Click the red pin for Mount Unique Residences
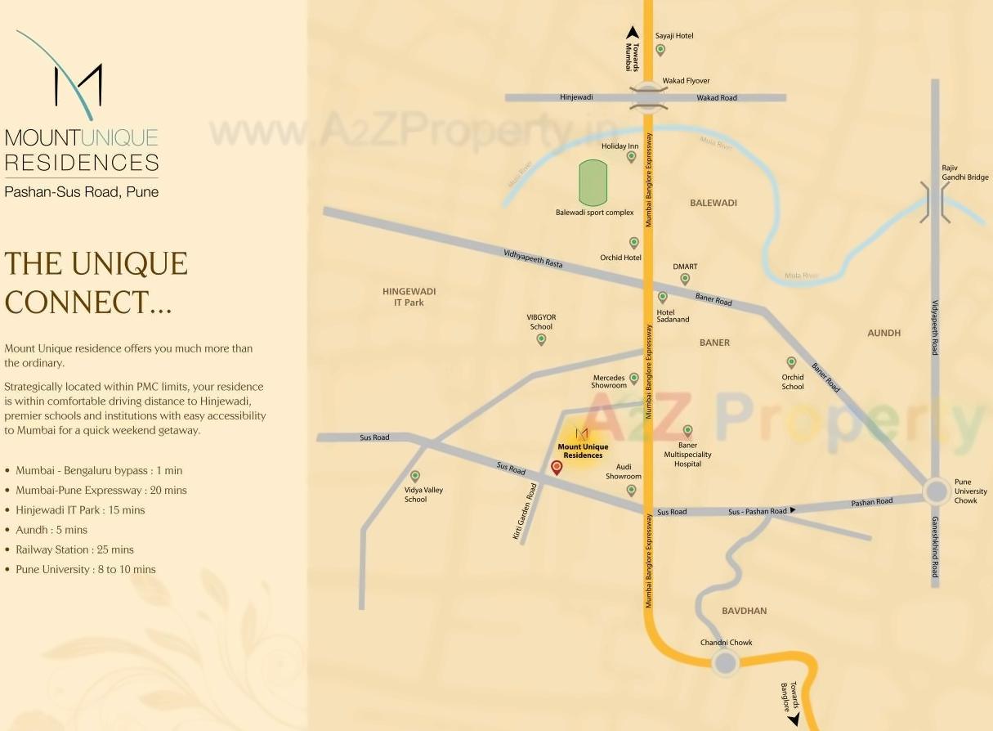(x=557, y=467)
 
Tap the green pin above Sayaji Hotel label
(x=660, y=49)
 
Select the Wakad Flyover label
(x=686, y=81)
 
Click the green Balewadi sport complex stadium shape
(x=593, y=182)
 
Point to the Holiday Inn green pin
(x=631, y=156)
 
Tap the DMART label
(x=685, y=267)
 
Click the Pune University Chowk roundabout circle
(x=936, y=491)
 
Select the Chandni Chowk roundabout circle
(x=724, y=662)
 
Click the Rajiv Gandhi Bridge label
(x=964, y=173)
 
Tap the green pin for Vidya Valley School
(x=415, y=476)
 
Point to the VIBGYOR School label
(x=541, y=321)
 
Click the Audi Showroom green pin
(x=631, y=490)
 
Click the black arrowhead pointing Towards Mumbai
(x=632, y=33)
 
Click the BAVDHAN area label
(x=744, y=611)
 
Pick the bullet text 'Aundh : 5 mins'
(x=51, y=530)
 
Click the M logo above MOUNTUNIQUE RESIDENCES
(x=78, y=86)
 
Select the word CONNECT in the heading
(x=78, y=303)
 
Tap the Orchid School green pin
(x=791, y=361)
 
